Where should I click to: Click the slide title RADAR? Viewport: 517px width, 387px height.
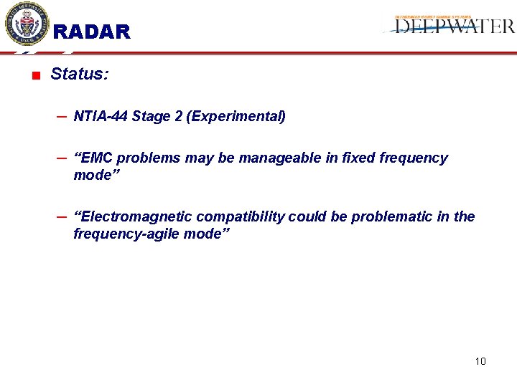(92, 32)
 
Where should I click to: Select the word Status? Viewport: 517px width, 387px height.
(79, 74)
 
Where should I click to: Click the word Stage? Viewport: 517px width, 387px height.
(151, 116)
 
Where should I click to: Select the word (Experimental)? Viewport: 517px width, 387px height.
(236, 116)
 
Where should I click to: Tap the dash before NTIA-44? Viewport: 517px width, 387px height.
(62, 115)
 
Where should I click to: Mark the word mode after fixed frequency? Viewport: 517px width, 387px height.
(92, 175)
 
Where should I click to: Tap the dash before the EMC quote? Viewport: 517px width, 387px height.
(62, 157)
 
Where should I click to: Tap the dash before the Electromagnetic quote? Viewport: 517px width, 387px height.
(62, 216)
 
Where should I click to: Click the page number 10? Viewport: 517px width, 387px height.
(480, 360)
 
